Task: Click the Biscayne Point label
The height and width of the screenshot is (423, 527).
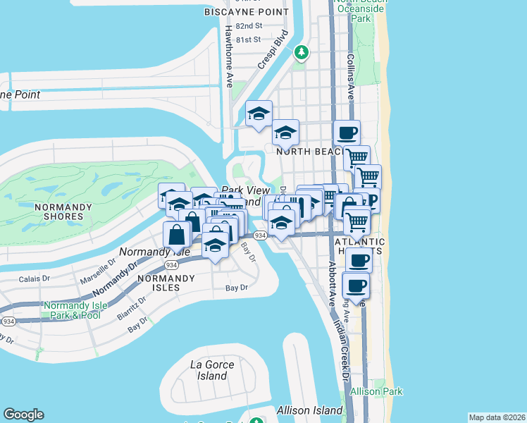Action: (x=246, y=12)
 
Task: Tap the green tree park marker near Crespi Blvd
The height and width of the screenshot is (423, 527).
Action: (x=302, y=52)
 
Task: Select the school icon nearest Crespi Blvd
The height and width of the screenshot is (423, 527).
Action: (x=259, y=114)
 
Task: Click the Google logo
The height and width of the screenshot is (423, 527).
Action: (x=23, y=415)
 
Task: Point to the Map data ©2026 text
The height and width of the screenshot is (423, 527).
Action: (x=497, y=417)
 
